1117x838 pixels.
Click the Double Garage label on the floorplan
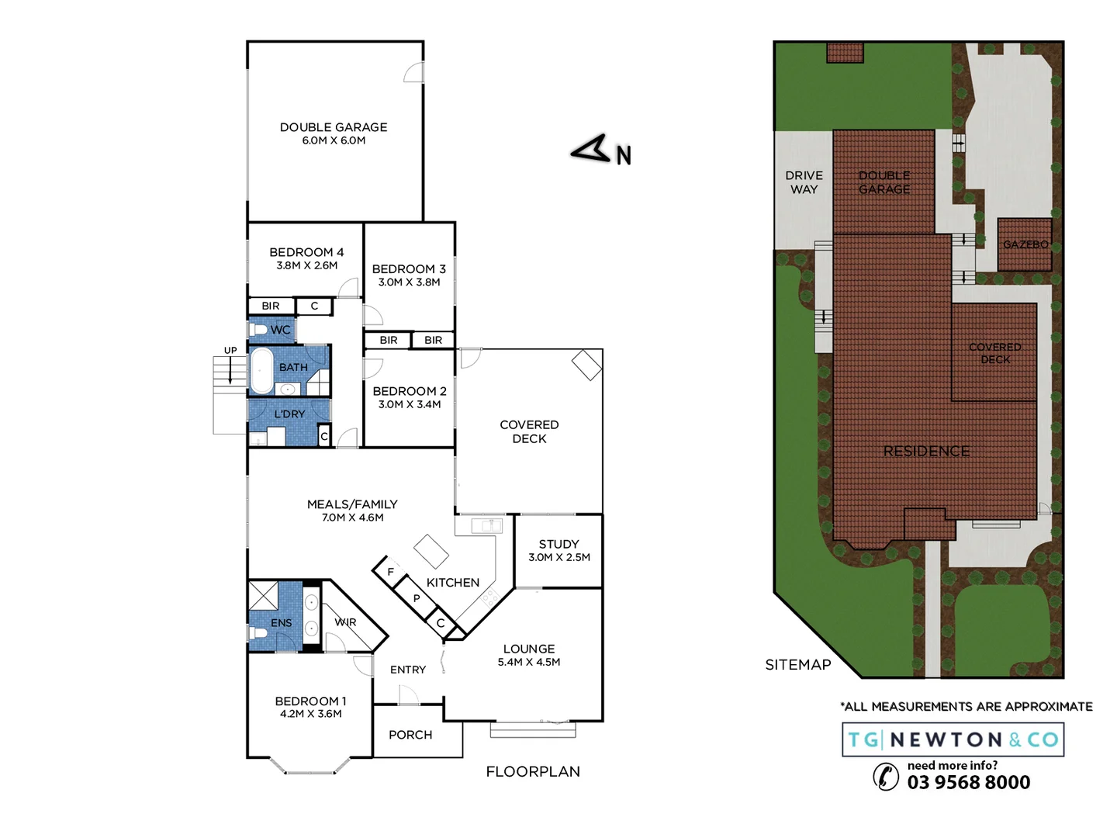334,127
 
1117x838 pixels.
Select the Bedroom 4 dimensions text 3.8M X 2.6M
306,265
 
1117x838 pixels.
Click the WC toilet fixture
258,330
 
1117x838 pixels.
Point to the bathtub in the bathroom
261,370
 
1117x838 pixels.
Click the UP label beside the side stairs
230,351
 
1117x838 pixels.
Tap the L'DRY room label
289,414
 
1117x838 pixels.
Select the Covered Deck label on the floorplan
529,431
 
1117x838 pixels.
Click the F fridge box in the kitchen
390,572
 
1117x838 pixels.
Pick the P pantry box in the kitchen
417,598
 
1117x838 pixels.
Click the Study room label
558,544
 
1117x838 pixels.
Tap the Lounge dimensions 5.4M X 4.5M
529,662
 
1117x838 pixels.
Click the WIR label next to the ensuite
345,622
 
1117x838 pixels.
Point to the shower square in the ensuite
263,596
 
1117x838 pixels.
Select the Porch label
410,735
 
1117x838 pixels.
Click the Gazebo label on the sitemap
1025,244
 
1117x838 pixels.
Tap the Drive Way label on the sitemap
804,182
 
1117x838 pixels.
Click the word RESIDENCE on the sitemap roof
926,451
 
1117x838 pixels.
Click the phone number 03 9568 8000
969,782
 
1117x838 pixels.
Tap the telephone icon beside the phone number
886,776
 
